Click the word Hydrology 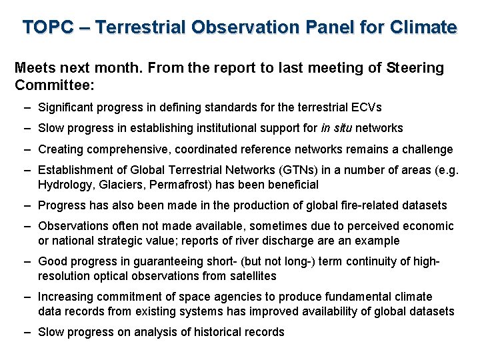[x=64, y=185]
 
